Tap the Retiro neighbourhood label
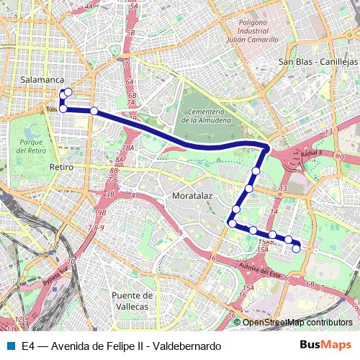click(62, 166)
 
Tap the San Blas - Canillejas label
click(318, 62)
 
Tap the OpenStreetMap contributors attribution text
click(297, 323)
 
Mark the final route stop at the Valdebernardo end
click(296, 248)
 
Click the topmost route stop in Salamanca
click(68, 92)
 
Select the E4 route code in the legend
click(28, 346)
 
